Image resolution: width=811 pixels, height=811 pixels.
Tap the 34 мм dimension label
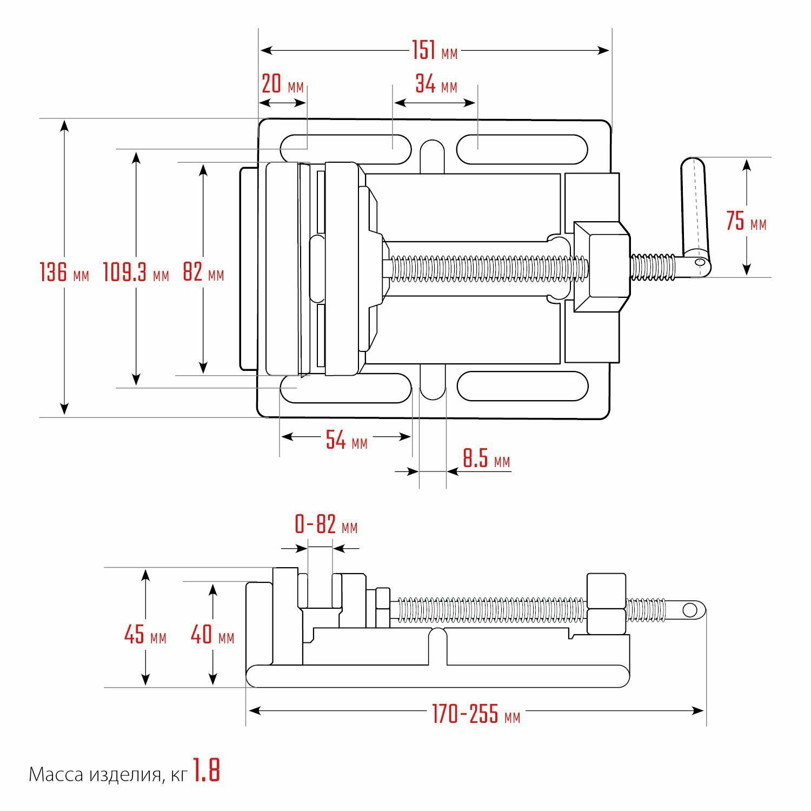click(436, 84)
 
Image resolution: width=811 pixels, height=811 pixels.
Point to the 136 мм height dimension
click(64, 272)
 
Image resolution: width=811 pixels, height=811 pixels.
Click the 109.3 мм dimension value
click(136, 272)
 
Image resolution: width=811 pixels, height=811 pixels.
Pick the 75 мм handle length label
click(746, 221)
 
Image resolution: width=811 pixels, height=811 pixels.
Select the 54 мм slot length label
click(346, 441)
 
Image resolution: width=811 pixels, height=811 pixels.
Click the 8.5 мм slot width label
click(486, 460)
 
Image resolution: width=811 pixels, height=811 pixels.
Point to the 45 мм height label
click(145, 635)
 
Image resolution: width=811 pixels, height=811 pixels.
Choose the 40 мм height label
click(212, 635)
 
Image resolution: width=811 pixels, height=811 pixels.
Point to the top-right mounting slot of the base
click(522, 149)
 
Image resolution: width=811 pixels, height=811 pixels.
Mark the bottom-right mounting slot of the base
click(522, 386)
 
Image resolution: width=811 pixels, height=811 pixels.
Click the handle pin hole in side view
click(690, 610)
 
